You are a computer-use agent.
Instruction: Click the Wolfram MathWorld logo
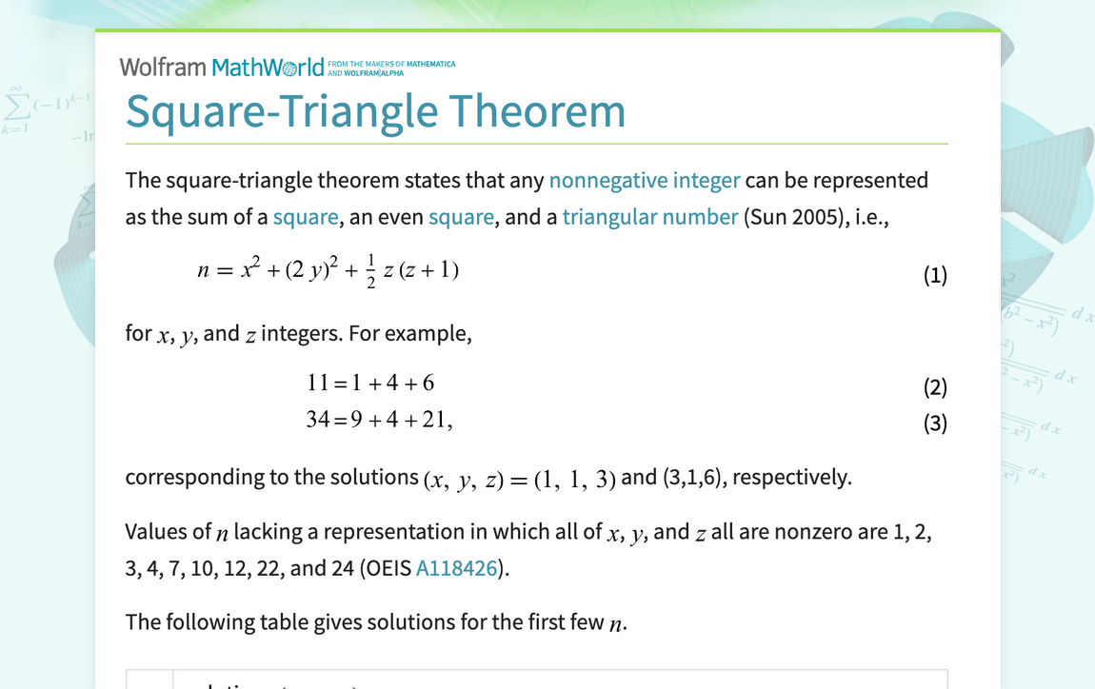pos(222,68)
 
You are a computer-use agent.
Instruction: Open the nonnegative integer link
pos(645,180)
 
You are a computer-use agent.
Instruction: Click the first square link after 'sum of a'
pos(305,217)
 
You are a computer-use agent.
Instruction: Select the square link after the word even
pos(461,217)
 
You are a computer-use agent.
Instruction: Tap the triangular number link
pos(649,217)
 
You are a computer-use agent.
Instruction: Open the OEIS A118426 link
pos(457,568)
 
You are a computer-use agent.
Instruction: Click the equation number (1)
pos(935,276)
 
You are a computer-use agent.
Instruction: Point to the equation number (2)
pos(935,386)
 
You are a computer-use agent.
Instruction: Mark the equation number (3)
pos(935,423)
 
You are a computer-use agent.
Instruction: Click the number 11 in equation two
pos(318,383)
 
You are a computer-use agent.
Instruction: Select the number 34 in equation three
pos(318,419)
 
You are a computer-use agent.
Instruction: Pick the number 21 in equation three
pos(434,419)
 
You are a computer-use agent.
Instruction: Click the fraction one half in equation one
pos(370,270)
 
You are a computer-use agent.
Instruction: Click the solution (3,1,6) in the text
pos(692,477)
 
